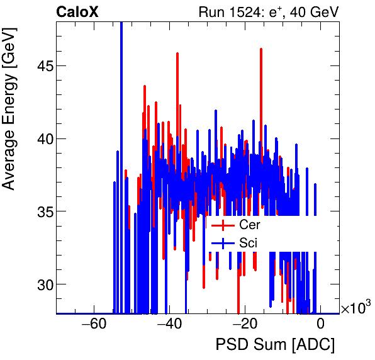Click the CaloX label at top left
click(x=77, y=11)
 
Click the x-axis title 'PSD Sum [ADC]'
click(x=275, y=345)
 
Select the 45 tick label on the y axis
click(x=40, y=66)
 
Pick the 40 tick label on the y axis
click(x=40, y=138)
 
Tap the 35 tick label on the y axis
click(x=40, y=211)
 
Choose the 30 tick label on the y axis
click(x=40, y=284)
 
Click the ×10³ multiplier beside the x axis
click(x=356, y=308)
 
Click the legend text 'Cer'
click(x=249, y=225)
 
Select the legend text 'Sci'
click(x=248, y=243)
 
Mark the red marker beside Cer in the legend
click(x=223, y=225)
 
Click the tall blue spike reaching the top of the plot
click(x=121, y=38)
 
